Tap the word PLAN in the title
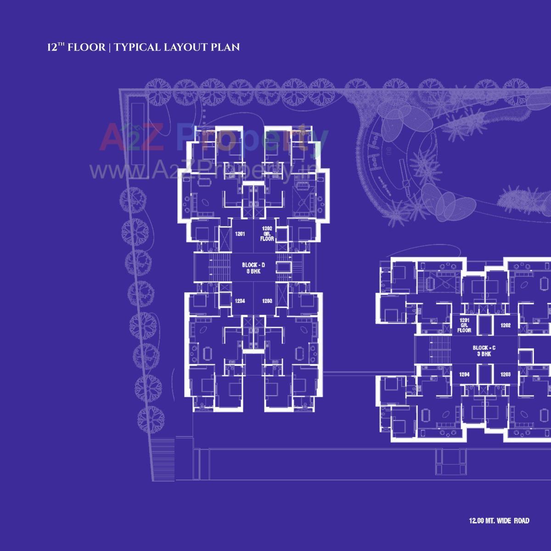tap(225, 47)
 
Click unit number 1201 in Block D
tap(240, 234)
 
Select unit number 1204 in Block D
tap(240, 301)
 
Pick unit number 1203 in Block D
tap(267, 301)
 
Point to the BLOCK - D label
tap(253, 265)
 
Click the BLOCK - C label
tap(484, 348)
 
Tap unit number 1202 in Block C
tap(506, 325)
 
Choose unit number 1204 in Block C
tap(464, 375)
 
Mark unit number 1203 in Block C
tap(506, 375)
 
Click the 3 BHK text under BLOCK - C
tap(484, 354)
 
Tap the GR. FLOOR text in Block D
tap(267, 236)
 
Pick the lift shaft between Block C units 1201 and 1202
tap(485, 325)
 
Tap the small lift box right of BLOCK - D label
tap(285, 267)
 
